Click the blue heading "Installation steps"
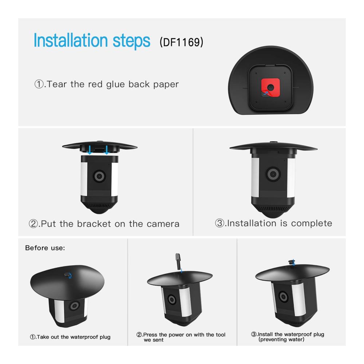pyautogui.click(x=92, y=40)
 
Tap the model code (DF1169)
pyautogui.click(x=181, y=42)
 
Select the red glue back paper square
pyautogui.click(x=270, y=87)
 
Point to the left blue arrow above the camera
pyautogui.click(x=90, y=150)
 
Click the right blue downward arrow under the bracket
pyautogui.click(x=107, y=150)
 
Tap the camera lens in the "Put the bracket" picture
pyautogui.click(x=99, y=176)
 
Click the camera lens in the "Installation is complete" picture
pyautogui.click(x=273, y=174)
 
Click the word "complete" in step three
pyautogui.click(x=312, y=223)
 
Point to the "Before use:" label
pyautogui.click(x=45, y=248)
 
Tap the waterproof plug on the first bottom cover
pyautogui.click(x=68, y=275)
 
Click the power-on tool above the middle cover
pyautogui.click(x=178, y=261)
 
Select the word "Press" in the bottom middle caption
pyautogui.click(x=150, y=335)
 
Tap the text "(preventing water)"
pyautogui.click(x=281, y=339)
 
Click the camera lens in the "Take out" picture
pyautogui.click(x=74, y=305)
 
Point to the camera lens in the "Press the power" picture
pyautogui.click(x=172, y=300)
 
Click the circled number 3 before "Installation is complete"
pyautogui.click(x=219, y=223)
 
